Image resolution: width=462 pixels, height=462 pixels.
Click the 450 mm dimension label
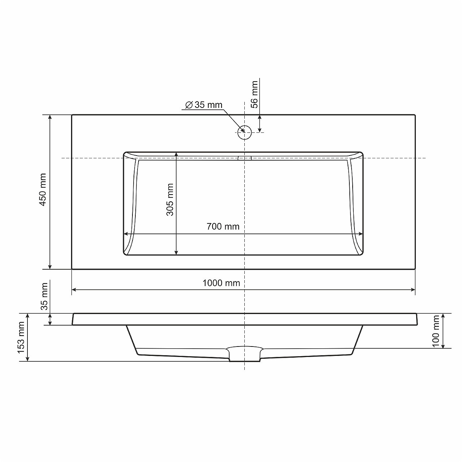43,189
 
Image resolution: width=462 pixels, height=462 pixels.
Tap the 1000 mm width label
221,283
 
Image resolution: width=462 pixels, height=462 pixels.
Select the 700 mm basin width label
223,227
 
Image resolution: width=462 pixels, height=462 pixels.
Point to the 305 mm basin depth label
170,200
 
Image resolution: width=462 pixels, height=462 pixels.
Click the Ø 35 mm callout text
204,105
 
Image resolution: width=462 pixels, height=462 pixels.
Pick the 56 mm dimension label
254,95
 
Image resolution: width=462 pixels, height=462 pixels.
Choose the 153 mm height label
21,337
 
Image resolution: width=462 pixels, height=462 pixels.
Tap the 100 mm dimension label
436,331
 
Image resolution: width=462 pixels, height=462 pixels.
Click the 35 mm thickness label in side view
45,297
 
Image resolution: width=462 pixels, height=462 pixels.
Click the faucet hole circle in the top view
245,132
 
